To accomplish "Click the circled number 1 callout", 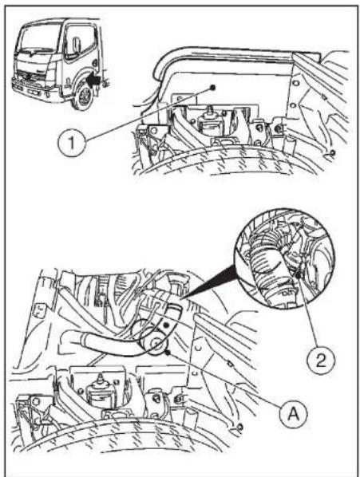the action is point(72,142).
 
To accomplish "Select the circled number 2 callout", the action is point(320,361).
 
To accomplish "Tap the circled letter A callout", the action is point(294,413).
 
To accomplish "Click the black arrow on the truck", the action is point(93,80).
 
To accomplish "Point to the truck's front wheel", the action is point(83,97).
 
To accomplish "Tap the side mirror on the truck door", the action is point(77,45).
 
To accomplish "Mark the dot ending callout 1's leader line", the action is point(212,88).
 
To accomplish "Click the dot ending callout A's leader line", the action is point(167,353).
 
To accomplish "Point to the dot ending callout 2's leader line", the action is point(299,276).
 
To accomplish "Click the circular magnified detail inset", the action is point(284,258).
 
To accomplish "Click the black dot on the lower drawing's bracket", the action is point(166,325).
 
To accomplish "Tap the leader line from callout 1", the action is point(148,114).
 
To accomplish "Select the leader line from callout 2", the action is point(308,311).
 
